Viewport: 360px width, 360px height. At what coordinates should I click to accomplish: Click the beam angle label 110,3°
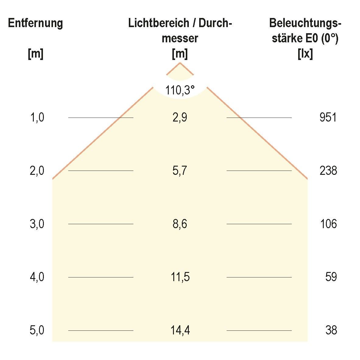coord(180,90)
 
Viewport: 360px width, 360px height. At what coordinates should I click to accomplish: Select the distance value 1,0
coord(37,118)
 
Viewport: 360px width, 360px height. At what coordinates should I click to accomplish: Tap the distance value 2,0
coord(37,171)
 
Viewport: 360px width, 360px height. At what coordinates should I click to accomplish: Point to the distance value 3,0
coord(37,224)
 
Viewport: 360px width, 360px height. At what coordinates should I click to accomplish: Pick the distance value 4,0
coord(37,277)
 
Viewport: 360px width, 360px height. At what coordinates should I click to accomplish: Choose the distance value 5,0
coord(37,330)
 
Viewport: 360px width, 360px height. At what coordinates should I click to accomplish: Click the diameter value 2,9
coord(180,118)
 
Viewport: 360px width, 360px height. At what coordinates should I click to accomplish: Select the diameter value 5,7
coord(180,171)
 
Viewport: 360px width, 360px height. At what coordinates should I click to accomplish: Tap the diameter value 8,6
coord(180,224)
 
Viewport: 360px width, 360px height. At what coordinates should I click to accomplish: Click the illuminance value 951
coord(328,118)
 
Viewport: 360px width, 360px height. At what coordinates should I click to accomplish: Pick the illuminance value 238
coord(328,171)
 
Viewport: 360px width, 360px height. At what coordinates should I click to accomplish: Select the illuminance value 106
coord(328,224)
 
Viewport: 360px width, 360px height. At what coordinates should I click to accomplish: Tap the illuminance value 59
coord(331,277)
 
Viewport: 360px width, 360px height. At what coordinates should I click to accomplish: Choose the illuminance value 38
coord(331,330)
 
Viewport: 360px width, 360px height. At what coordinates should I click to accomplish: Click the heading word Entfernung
coord(35,23)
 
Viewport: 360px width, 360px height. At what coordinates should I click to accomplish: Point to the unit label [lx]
coord(305,54)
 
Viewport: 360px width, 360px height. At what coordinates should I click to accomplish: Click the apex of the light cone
coord(180,63)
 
